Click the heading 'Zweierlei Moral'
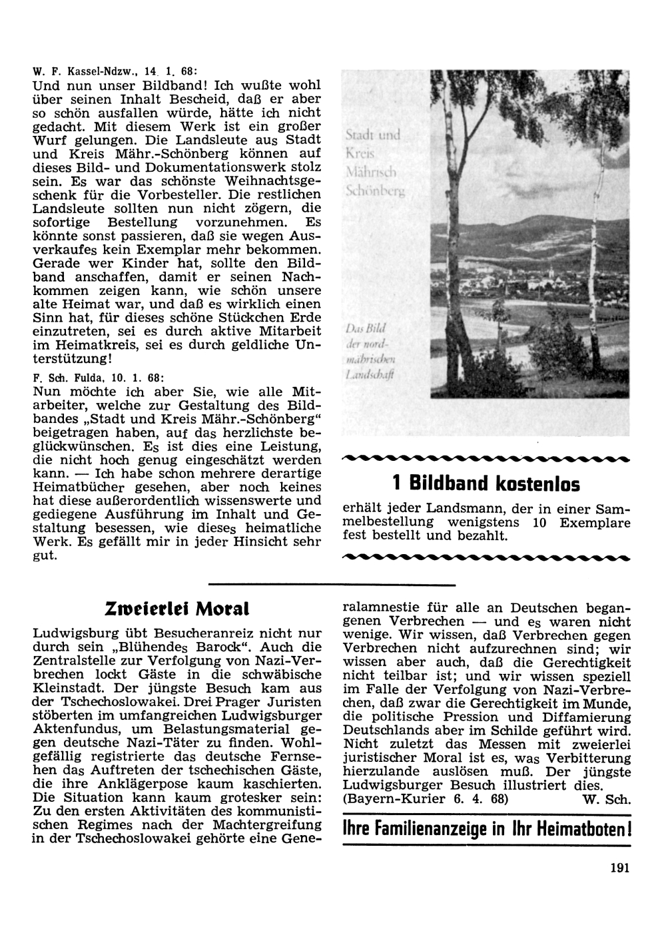tap(176, 609)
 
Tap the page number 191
tap(619, 867)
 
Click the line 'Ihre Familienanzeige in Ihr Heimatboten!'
tap(486, 830)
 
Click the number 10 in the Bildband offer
tap(539, 523)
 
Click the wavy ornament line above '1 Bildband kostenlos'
tap(485, 458)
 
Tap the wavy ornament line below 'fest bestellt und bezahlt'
tap(485, 555)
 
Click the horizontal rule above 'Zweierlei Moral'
tap(331, 585)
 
